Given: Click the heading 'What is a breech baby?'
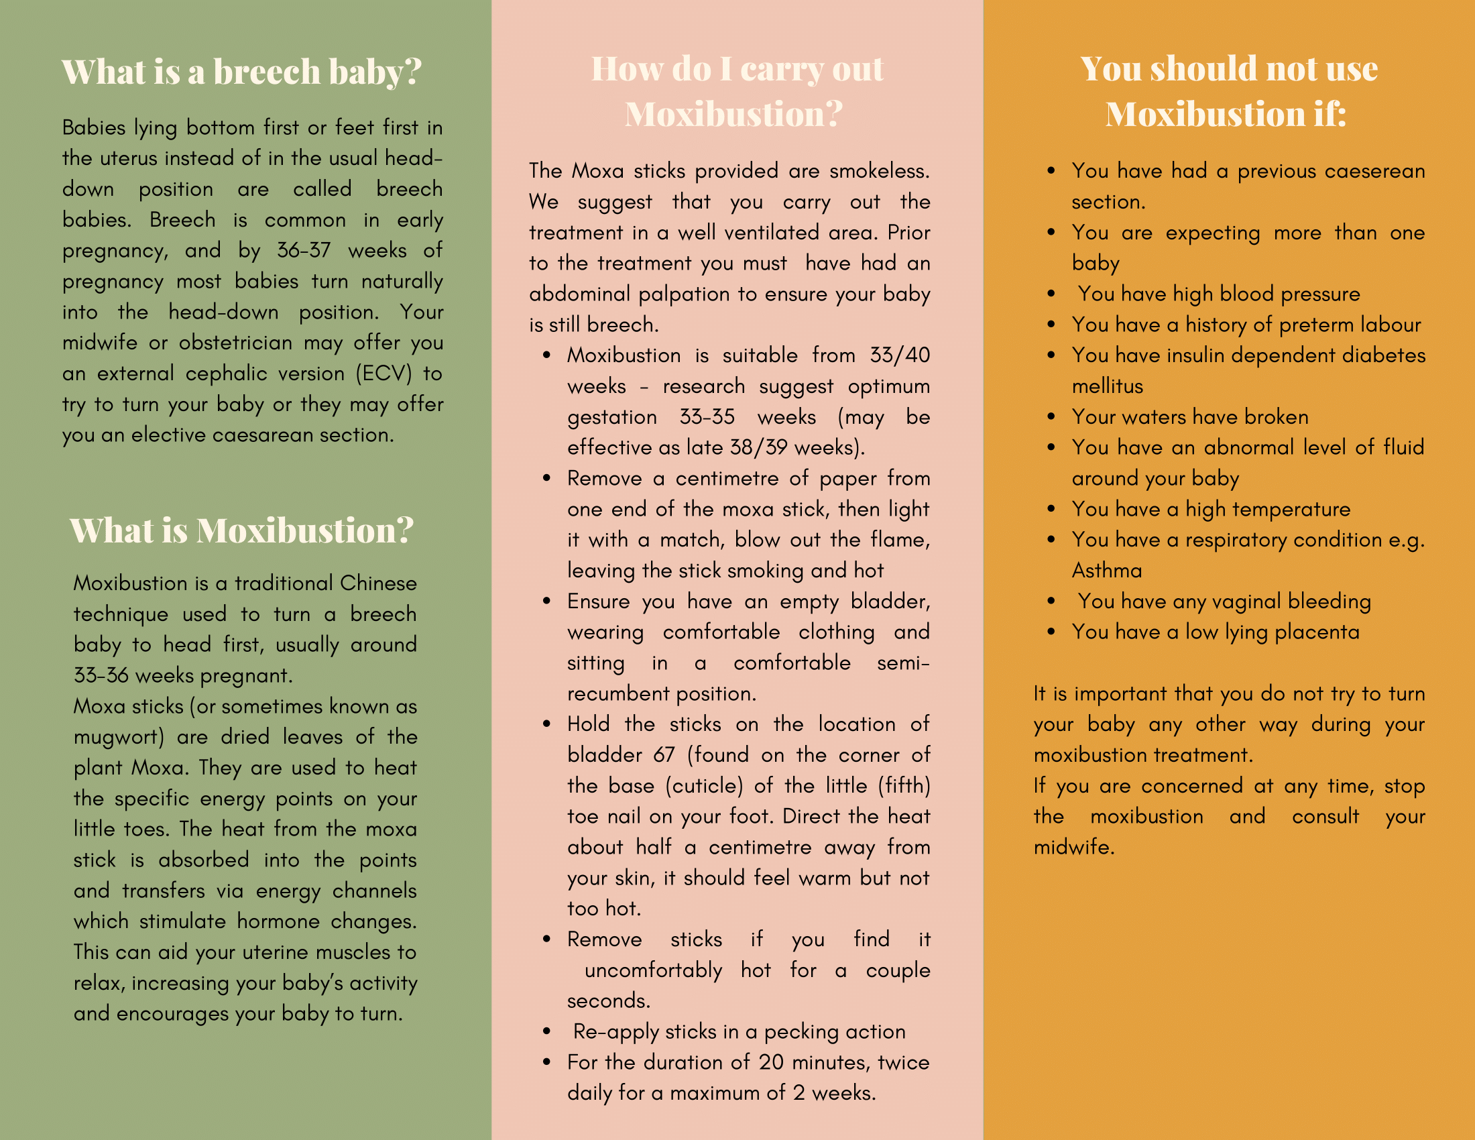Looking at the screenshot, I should pyautogui.click(x=241, y=72).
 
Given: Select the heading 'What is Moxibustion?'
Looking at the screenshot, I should pyautogui.click(x=241, y=530).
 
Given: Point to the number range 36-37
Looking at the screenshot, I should pyautogui.click(x=304, y=251).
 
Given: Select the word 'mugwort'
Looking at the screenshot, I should pyautogui.click(x=118, y=738).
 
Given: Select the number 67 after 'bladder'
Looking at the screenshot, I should pyautogui.click(x=664, y=755).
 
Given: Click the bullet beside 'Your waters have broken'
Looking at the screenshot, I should pyautogui.click(x=1051, y=417).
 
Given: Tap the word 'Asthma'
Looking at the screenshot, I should pyautogui.click(x=1106, y=571).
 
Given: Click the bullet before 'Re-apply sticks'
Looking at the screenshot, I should pyautogui.click(x=546, y=1032).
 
